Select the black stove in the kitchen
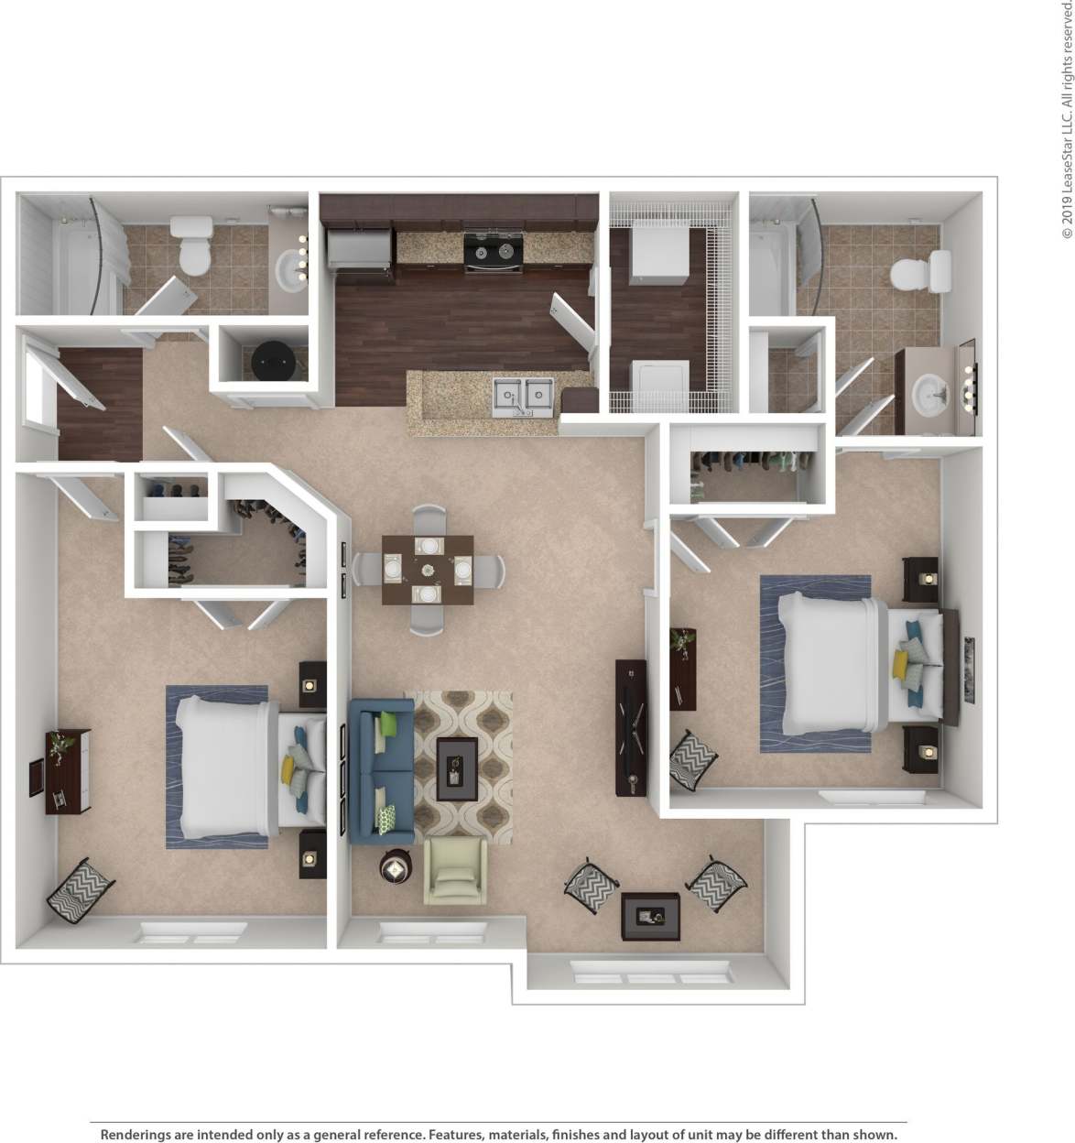point(492,251)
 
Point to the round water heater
point(273,361)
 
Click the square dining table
point(428,569)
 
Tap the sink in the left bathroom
point(292,270)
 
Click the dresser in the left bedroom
point(68,771)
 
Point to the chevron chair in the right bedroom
point(692,758)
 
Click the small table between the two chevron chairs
point(650,916)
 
